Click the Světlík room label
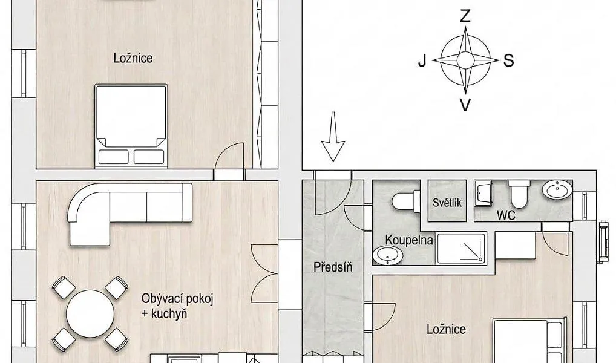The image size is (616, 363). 447,203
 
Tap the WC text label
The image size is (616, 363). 506,215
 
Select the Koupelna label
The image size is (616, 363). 409,240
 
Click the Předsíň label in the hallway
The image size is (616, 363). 333,267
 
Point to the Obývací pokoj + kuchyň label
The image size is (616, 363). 177,306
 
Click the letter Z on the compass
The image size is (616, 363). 465,16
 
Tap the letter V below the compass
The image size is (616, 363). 465,105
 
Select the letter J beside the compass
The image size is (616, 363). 422,61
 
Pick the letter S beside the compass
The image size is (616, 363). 508,61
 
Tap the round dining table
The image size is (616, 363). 90,313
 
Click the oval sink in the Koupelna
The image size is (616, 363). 388,256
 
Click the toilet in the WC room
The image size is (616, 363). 519,194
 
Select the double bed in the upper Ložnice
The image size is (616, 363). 131,126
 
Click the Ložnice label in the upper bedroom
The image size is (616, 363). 133,59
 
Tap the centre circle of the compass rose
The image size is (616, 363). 465,61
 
